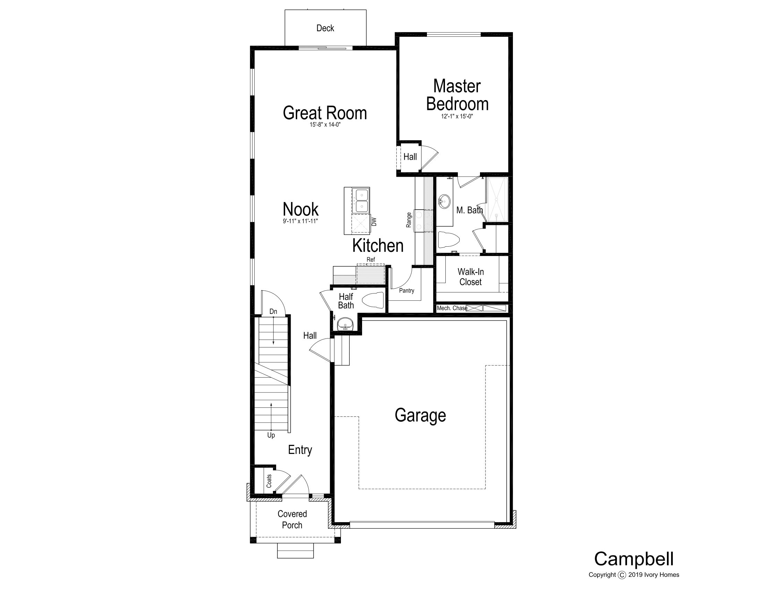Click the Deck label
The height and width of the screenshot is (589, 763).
coord(325,28)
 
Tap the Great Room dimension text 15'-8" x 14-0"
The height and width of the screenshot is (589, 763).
coord(325,125)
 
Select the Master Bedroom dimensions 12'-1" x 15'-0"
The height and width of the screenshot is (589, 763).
coord(457,116)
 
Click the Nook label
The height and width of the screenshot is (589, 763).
coord(300,209)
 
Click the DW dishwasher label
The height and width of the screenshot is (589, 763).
coord(374,222)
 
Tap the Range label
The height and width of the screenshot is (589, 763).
coord(409,220)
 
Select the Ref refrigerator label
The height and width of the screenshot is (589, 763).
coord(371,260)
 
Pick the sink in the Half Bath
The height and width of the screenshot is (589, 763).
coord(345,324)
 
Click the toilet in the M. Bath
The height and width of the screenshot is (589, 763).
coord(448,240)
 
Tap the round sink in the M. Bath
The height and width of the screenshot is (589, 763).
coord(445,201)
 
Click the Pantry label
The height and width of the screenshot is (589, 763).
coord(407,291)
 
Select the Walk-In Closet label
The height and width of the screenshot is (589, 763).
coord(471,277)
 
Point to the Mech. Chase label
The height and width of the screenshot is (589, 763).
coord(452,308)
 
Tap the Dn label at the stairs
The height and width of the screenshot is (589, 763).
coord(273,311)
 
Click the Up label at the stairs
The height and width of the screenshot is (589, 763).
coord(271,436)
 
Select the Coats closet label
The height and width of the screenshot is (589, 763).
coord(269,481)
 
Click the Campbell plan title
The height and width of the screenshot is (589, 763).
coord(634,559)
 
